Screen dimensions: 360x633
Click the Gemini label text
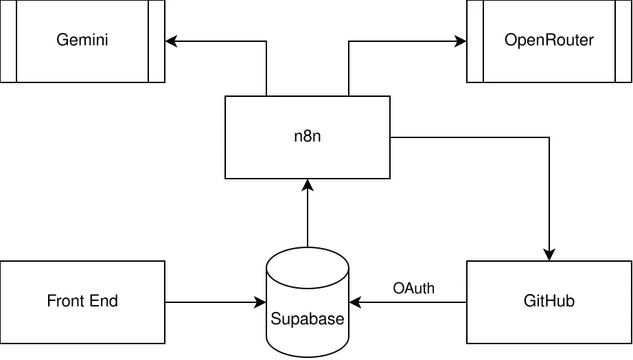[82, 41]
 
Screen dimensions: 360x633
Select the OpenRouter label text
[549, 41]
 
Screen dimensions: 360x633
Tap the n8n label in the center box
[308, 137]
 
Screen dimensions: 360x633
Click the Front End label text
[82, 301]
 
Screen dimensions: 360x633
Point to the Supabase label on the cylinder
[308, 319]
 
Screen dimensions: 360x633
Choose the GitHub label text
[549, 301]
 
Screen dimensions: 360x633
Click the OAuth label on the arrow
[413, 288]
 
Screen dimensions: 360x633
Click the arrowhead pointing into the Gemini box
[170, 41]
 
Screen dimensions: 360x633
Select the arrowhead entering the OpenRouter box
[461, 41]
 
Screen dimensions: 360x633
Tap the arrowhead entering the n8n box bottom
[308, 184]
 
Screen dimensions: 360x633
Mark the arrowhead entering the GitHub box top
[549, 256]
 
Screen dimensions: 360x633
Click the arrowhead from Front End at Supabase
[261, 302]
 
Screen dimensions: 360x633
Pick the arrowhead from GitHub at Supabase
[354, 302]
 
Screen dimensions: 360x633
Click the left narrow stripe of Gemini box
[8, 41]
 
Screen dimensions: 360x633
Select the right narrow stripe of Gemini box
[157, 41]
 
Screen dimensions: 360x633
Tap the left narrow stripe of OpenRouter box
[475, 41]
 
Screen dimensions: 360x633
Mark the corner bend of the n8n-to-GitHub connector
[549, 137]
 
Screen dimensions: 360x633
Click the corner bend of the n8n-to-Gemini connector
[266, 41]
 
